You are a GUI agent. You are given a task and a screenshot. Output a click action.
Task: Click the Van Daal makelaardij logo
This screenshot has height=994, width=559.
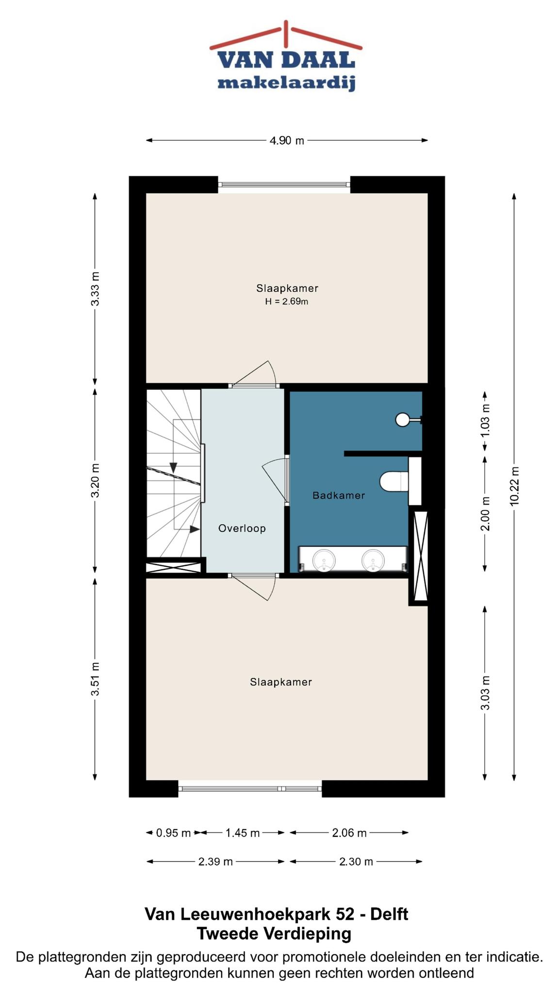point(286,56)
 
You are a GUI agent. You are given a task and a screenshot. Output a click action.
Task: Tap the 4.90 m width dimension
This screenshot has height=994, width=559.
point(287,141)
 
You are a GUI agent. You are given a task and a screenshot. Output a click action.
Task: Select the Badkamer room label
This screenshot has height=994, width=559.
point(339,496)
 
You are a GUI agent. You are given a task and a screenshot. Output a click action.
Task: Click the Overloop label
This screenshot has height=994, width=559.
point(242,529)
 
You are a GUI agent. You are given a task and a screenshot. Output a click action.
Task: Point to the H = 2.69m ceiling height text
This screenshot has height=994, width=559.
point(287,302)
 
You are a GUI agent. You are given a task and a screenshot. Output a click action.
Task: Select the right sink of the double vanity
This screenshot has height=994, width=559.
point(372,560)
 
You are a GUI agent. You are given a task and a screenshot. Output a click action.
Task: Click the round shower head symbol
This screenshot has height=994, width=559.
point(403,419)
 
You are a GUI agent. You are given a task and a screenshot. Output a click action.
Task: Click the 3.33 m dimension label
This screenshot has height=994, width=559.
point(95,288)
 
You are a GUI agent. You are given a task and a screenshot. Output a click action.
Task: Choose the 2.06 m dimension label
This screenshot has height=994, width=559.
point(349,833)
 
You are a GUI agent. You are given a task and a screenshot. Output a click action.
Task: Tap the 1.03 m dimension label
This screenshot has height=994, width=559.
point(485,420)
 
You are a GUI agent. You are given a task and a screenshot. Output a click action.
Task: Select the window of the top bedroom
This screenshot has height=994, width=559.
point(284,184)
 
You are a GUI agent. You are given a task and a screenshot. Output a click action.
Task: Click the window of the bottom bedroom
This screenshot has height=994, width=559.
point(250,789)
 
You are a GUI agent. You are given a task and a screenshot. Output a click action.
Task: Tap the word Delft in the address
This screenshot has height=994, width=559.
point(389,914)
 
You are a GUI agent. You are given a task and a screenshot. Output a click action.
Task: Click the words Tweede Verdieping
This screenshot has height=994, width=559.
point(274,933)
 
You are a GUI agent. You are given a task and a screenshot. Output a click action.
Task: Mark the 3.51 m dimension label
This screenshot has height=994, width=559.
point(95,679)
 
